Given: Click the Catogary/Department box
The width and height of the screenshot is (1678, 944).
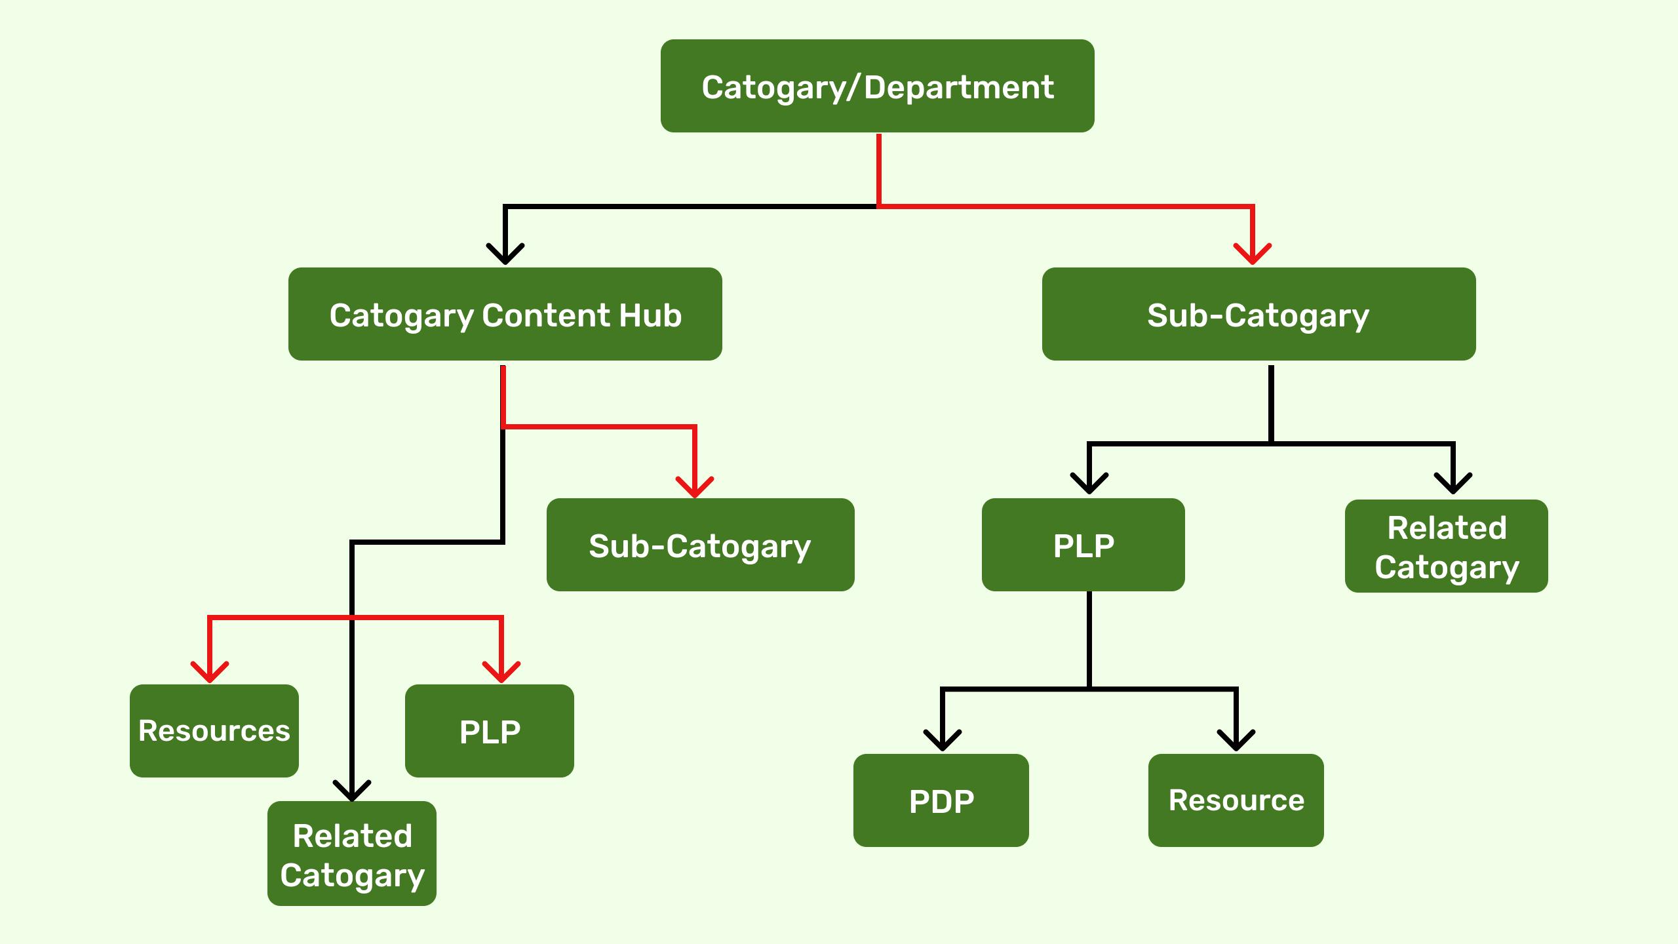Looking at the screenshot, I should (877, 86).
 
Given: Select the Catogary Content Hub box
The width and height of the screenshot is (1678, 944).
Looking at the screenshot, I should (505, 314).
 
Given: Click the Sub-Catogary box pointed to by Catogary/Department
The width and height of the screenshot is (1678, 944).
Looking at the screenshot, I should (1258, 314).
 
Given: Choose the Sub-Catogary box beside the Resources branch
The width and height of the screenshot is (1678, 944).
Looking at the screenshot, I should (700, 545).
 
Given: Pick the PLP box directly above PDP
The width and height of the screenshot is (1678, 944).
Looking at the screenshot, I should (1083, 545).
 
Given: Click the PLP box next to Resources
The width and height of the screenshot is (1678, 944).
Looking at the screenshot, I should (489, 731).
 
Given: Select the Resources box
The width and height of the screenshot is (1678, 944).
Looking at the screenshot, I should (214, 731).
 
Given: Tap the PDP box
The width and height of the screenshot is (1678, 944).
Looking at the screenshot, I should (941, 800).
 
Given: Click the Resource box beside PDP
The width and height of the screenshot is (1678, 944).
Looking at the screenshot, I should (1236, 800).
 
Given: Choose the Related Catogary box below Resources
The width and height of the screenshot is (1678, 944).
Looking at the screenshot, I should (351, 854).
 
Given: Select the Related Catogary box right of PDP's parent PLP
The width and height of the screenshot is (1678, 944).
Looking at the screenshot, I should (1446, 546).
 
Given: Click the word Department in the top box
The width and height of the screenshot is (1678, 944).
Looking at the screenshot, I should (958, 87).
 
